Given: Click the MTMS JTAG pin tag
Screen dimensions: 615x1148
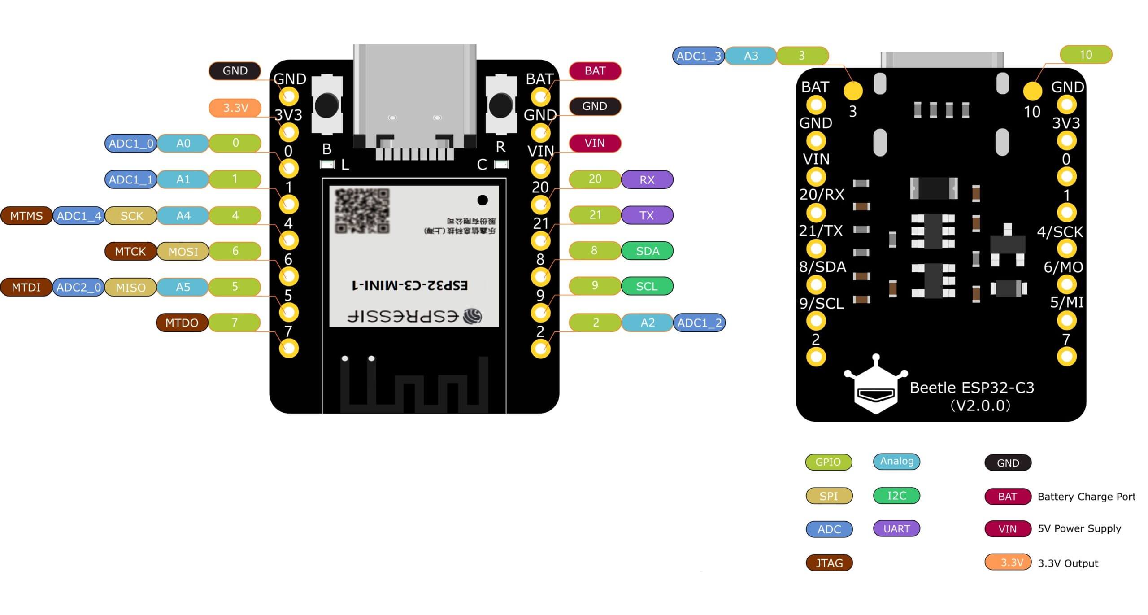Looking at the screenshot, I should pos(26,216).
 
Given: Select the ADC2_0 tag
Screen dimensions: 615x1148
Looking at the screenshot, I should pos(78,287).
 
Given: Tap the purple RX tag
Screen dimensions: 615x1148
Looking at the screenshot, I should pos(647,179).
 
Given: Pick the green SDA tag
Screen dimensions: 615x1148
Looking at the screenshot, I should pos(647,251).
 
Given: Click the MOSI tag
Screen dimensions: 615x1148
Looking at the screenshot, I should pos(183,251).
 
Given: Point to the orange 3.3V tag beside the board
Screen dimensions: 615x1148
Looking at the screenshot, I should pos(235,108).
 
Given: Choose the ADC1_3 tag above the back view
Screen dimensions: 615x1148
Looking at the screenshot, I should pos(698,56).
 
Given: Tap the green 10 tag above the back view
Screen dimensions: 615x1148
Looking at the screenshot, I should pos(1086,55).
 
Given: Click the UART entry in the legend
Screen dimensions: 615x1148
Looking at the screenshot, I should pos(896,528).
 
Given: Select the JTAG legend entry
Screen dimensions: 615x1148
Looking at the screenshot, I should pos(829,563).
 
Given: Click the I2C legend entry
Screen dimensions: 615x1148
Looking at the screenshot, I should pos(896,495).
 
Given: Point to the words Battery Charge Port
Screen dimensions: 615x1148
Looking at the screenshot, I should pos(1086,497).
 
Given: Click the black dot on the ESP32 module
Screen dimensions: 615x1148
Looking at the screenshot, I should pos(483,200).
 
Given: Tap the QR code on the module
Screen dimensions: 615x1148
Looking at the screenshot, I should pos(362,210).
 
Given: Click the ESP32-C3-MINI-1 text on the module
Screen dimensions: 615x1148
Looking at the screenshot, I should pos(409,285).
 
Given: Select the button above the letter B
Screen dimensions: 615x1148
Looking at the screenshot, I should pos(326,105).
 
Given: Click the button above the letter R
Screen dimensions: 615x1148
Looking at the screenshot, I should pos(500,105).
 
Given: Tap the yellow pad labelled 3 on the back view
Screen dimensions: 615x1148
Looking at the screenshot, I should pos(853,91).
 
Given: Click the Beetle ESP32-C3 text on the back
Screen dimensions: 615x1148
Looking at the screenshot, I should pos(972,388).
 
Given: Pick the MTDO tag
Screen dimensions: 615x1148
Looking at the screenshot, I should pos(182,323).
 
